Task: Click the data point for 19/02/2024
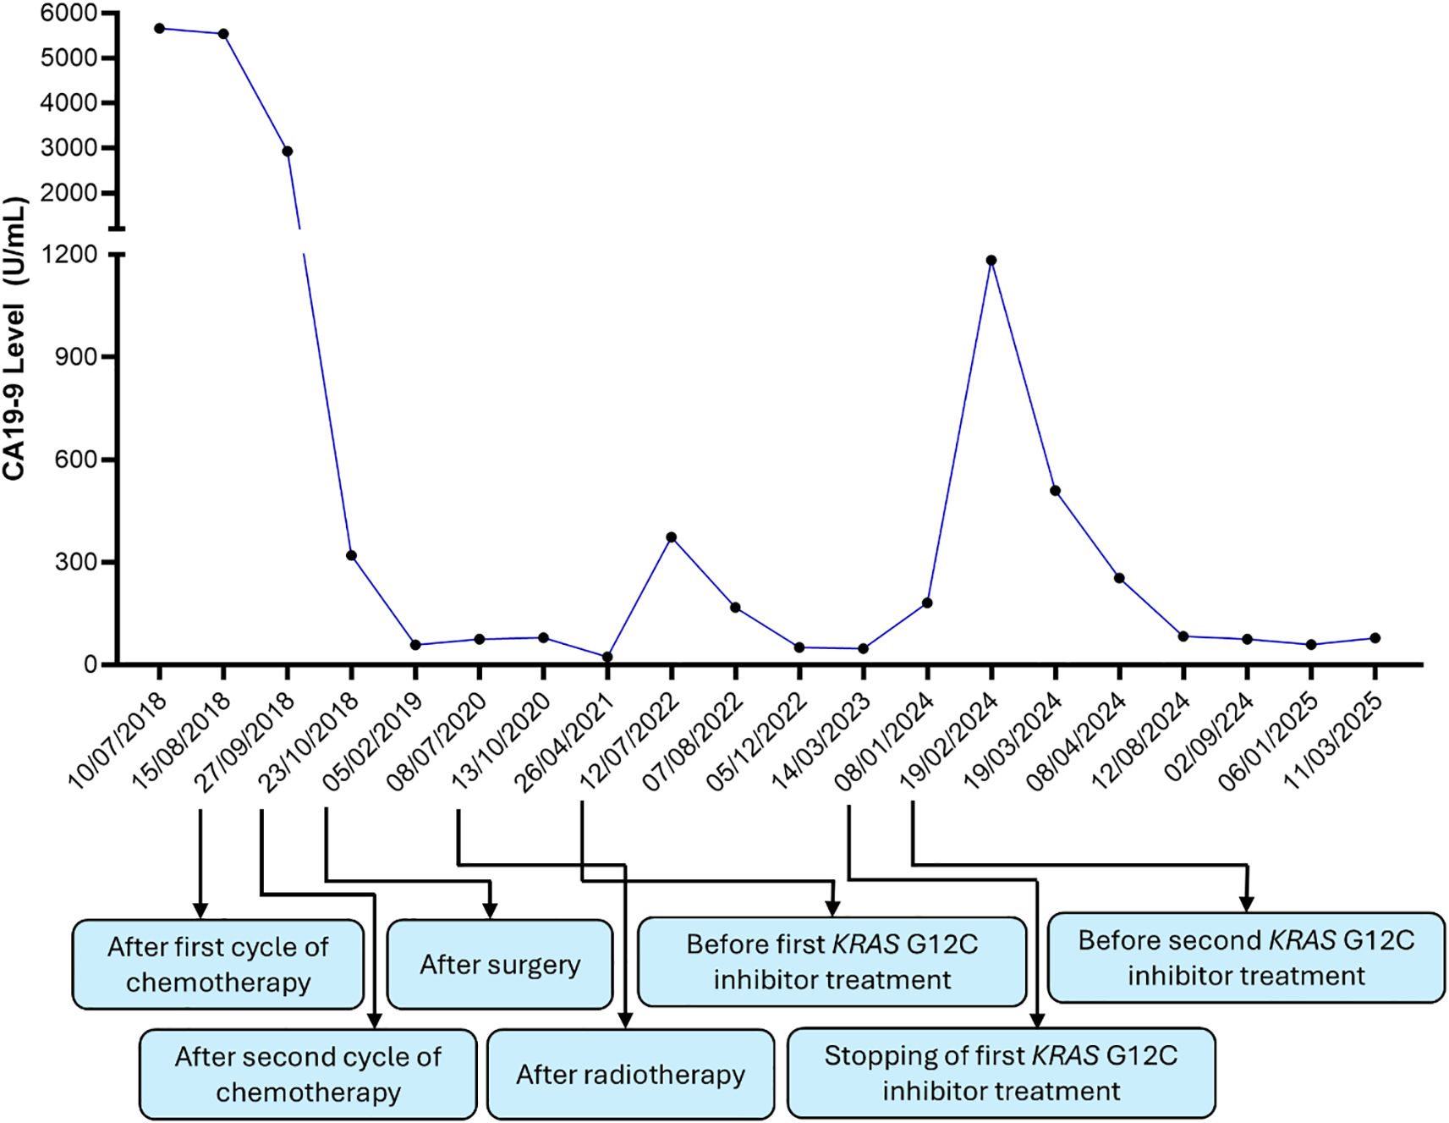coord(991,261)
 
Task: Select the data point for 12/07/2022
coord(672,537)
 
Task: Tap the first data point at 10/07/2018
coord(159,29)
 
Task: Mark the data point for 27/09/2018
coord(288,151)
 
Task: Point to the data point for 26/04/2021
coord(607,657)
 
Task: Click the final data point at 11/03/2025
coord(1375,638)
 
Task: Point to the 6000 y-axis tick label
coord(69,14)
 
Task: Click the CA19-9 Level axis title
coord(14,339)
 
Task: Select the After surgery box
coord(500,965)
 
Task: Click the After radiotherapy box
coord(631,1075)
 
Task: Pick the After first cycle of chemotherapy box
coord(218,965)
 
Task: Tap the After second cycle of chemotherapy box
coord(308,1075)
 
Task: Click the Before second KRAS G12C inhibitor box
coord(1246,958)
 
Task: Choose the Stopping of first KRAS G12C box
coord(1001,1073)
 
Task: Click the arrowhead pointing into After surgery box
coord(490,911)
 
